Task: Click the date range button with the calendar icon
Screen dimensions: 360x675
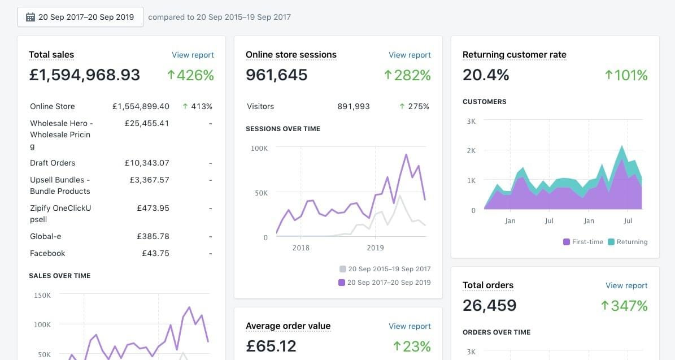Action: [80, 17]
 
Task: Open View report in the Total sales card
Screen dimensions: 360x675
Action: [193, 55]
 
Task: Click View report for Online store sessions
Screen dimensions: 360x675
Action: [410, 55]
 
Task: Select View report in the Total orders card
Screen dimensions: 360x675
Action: [626, 285]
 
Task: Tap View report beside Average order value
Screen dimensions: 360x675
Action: [410, 326]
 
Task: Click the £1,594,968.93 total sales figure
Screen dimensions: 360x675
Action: [85, 75]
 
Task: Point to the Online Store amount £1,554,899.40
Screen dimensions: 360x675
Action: [141, 106]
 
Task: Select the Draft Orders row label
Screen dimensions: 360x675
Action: [53, 163]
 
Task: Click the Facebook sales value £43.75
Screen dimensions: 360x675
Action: [155, 253]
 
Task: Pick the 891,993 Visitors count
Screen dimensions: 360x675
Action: [354, 106]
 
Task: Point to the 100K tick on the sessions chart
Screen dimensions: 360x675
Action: [259, 148]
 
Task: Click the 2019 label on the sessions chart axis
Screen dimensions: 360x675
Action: [375, 248]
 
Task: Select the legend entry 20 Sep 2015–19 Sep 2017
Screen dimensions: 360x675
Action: [385, 269]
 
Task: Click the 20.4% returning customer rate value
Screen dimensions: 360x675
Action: [486, 75]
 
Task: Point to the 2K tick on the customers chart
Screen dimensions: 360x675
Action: [471, 151]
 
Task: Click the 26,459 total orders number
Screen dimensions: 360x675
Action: [489, 306]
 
